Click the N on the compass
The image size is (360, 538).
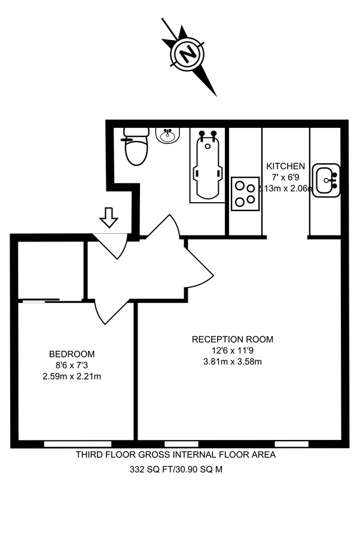click(188, 55)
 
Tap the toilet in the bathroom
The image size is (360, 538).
click(136, 148)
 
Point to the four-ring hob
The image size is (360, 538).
click(245, 193)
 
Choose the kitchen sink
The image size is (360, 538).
click(327, 179)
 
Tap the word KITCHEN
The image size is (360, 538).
click(285, 166)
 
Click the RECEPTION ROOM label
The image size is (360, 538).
click(232, 340)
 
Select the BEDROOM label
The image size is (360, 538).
click(71, 354)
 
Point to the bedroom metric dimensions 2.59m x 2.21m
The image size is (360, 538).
click(71, 376)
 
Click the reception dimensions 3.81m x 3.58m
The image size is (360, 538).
click(232, 361)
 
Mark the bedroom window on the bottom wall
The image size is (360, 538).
click(77, 444)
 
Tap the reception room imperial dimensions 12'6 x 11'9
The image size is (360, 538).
click(232, 350)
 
